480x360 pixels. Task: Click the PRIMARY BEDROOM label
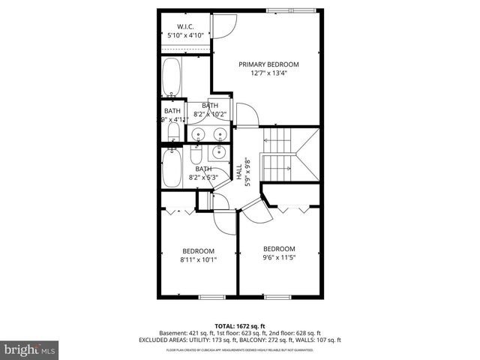point(268,64)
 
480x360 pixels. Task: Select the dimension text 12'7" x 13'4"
point(268,73)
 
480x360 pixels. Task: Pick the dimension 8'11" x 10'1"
point(198,260)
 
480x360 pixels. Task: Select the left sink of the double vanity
point(198,134)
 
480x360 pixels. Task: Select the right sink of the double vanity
point(220,134)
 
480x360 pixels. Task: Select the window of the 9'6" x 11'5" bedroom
point(277,297)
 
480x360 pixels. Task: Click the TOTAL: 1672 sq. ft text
point(240,326)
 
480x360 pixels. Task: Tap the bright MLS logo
point(31,349)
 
